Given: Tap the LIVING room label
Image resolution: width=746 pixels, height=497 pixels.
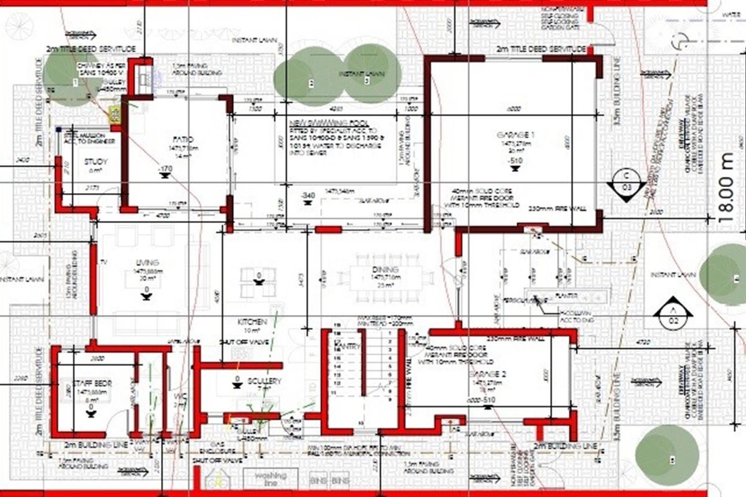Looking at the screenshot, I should (147, 263).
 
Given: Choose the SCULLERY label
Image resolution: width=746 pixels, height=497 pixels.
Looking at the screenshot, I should (264, 381).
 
